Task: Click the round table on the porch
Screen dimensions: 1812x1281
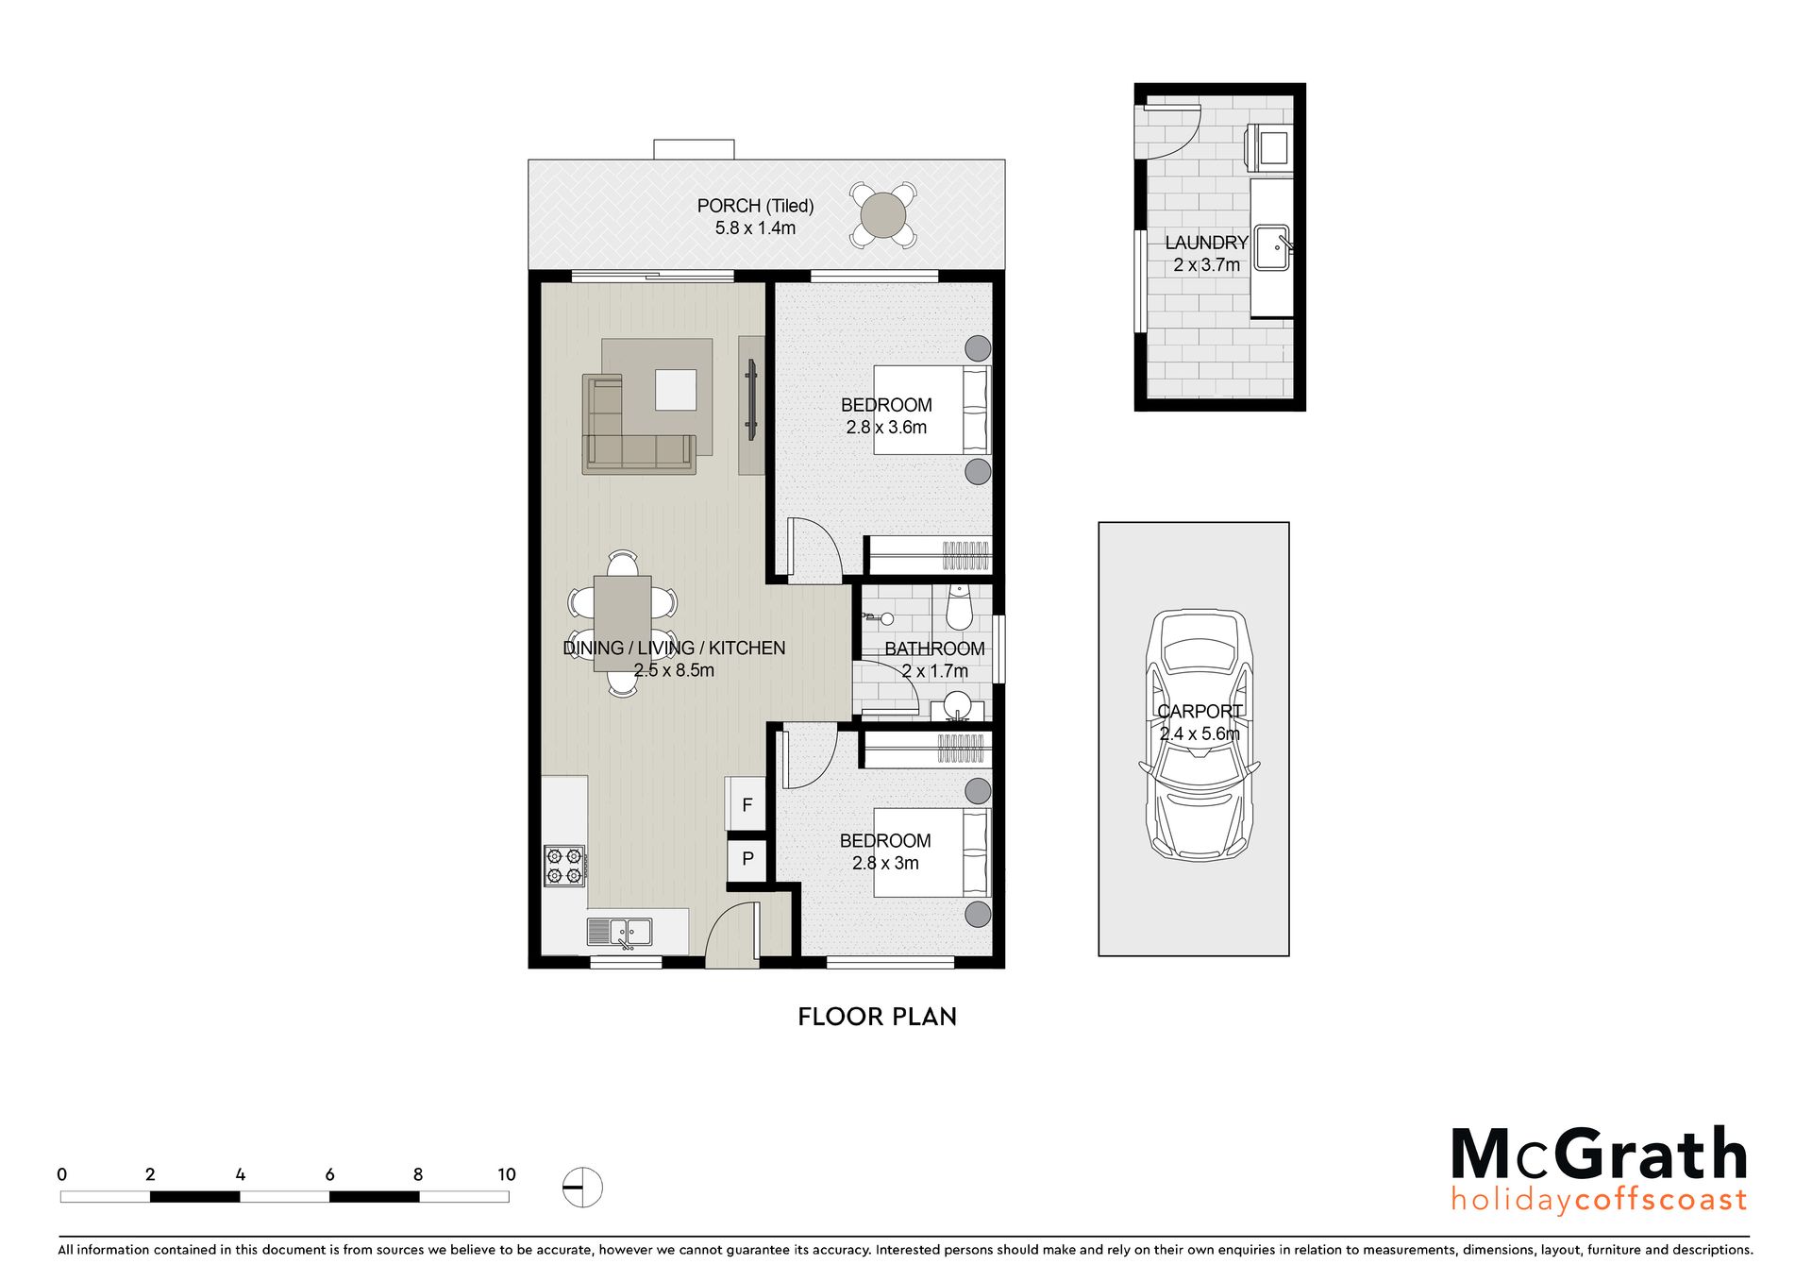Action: click(x=881, y=215)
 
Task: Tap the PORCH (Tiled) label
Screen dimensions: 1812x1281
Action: click(x=755, y=206)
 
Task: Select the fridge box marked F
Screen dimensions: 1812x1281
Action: click(x=747, y=804)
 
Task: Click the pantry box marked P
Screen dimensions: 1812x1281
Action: click(x=747, y=859)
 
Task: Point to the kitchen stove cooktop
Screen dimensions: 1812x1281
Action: click(x=564, y=866)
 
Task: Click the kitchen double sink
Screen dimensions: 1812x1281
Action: click(x=619, y=932)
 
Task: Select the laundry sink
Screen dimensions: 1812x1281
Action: click(x=1272, y=247)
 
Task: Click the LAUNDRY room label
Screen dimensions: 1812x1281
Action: click(x=1206, y=243)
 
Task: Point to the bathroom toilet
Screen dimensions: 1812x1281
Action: click(x=960, y=608)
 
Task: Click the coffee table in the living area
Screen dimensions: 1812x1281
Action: click(x=676, y=390)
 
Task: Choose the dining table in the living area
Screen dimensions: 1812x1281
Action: click(x=622, y=623)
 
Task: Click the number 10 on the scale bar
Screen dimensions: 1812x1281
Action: click(x=507, y=1174)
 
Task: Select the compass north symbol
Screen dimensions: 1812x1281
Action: click(x=582, y=1187)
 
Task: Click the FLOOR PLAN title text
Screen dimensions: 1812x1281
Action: click(x=877, y=1017)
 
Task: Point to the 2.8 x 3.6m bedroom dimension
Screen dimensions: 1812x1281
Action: click(x=886, y=428)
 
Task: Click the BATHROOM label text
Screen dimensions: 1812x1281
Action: click(x=934, y=649)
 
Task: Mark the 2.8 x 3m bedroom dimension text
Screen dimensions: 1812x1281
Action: click(x=885, y=863)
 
